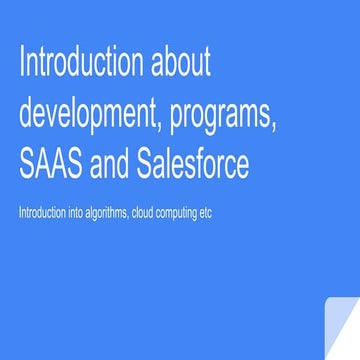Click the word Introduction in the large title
(x=81, y=64)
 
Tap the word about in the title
(x=181, y=64)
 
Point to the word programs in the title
(x=220, y=116)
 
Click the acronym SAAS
(x=48, y=163)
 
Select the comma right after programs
(x=274, y=126)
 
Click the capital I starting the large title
(x=22, y=64)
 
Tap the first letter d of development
(x=26, y=114)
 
